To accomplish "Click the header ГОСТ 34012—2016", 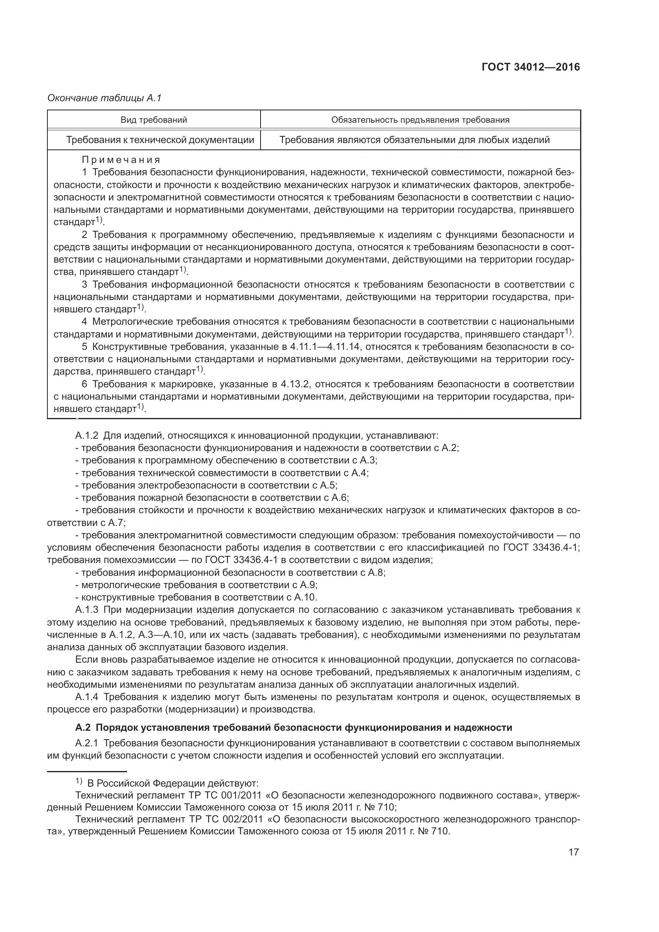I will pyautogui.click(x=531, y=67).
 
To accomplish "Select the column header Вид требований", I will pyautogui.click(x=154, y=120).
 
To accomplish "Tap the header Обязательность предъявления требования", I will pyautogui.click(x=420, y=120).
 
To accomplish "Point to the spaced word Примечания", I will pyautogui.click(x=121, y=159).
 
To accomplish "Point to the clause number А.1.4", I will pyautogui.click(x=87, y=697).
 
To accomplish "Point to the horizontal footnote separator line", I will pyautogui.click(x=87, y=771).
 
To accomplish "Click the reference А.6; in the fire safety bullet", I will pyautogui.click(x=340, y=498).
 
